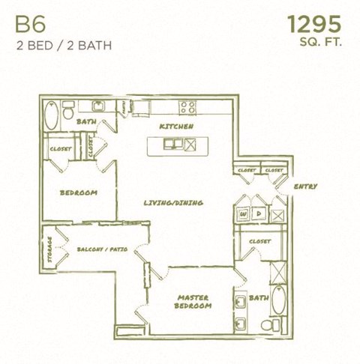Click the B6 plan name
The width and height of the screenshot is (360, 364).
28,23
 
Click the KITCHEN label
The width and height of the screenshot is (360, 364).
178,127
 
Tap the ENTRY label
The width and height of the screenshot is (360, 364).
305,186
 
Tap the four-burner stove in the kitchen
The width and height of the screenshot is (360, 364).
187,106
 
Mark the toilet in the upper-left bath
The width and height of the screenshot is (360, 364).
68,113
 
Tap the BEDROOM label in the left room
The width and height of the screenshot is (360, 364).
78,192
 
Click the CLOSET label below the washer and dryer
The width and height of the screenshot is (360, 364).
259,241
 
